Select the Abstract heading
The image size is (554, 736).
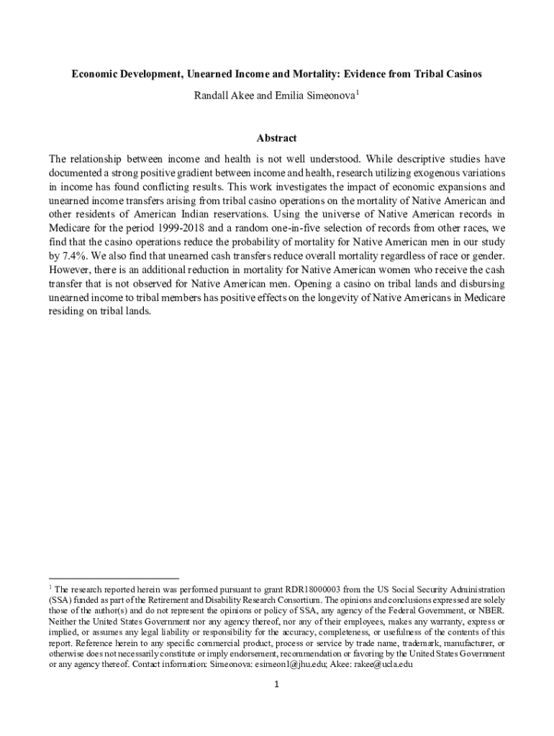277,138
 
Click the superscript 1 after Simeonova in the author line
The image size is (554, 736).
357,92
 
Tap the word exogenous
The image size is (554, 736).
408,173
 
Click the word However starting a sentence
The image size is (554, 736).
71,269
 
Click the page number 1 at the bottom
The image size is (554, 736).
277,684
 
